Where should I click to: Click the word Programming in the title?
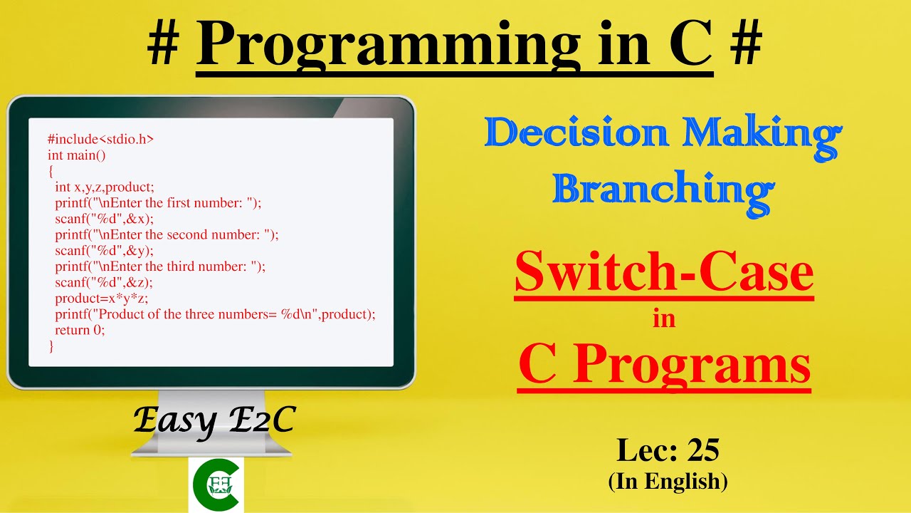coord(389,44)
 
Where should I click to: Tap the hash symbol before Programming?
coord(164,42)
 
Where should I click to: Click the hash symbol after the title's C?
coord(746,42)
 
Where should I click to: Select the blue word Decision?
coord(576,133)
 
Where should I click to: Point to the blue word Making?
coord(762,138)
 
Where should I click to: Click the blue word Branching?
coord(664,193)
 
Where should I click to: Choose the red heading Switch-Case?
coord(664,271)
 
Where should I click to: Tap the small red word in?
coord(664,318)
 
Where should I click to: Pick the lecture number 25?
coord(703,450)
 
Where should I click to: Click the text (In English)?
coord(668,481)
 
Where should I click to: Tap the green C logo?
coord(216,484)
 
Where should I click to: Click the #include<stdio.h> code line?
coord(100,139)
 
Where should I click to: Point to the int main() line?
coord(76,155)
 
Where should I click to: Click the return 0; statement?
coord(80,330)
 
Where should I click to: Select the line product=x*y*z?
coord(102,299)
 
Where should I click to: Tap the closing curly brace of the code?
coord(51,346)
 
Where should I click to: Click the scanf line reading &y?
coord(105,251)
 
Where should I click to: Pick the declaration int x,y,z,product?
coord(105,187)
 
